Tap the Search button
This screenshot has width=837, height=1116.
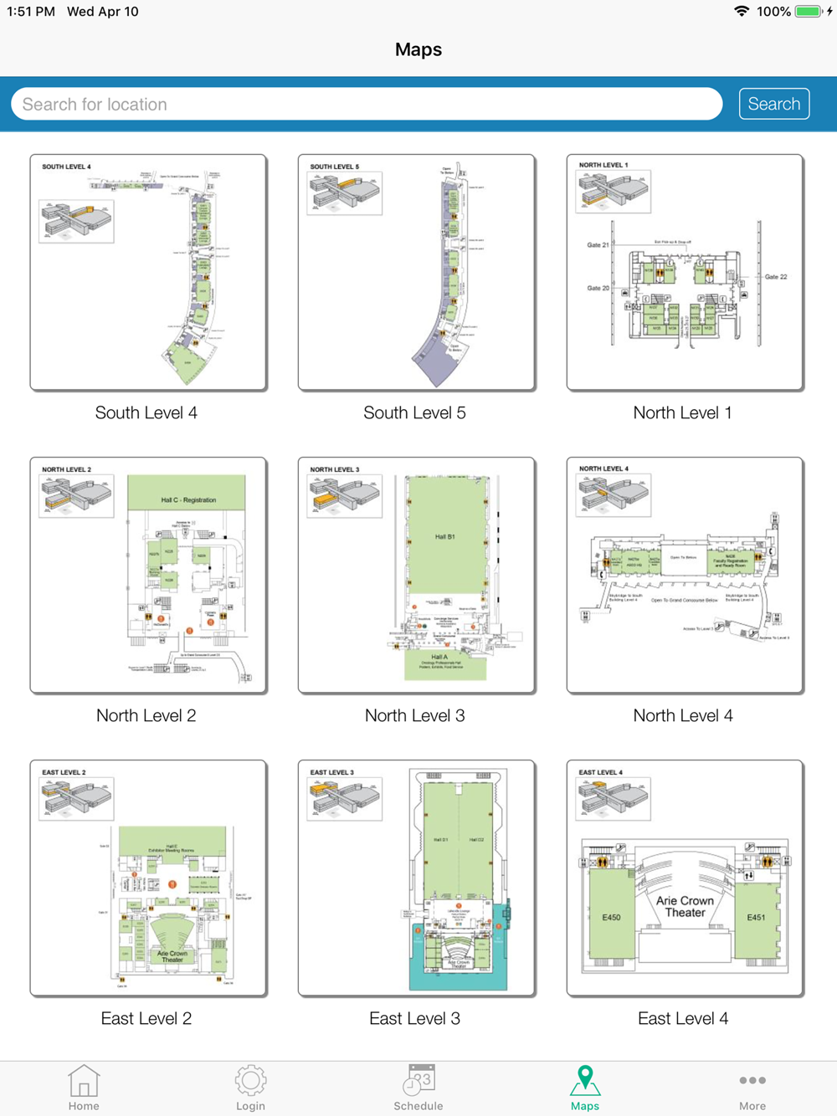[773, 104]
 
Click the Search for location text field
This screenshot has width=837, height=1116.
[367, 105]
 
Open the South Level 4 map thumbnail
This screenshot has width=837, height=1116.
[148, 272]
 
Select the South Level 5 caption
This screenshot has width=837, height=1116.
[414, 412]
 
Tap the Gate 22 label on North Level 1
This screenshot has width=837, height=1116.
[776, 277]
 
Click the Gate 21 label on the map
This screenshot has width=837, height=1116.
[598, 245]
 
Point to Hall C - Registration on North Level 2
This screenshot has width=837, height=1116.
[188, 499]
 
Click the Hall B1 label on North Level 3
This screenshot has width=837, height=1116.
[445, 537]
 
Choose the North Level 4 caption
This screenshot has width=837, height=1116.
[683, 715]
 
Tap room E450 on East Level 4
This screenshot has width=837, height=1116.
[611, 917]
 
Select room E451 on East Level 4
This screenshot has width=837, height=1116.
[755, 917]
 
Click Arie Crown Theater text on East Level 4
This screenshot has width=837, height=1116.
[685, 907]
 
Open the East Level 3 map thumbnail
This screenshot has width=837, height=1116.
[416, 878]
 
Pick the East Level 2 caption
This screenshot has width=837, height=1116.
[146, 1018]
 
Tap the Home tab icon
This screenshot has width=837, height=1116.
[84, 1081]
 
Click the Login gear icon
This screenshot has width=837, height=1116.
[250, 1081]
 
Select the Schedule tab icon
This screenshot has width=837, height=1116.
[418, 1080]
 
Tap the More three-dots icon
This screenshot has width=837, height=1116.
[752, 1081]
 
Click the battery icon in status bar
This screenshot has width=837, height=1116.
[809, 12]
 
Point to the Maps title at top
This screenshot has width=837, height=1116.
[418, 49]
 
